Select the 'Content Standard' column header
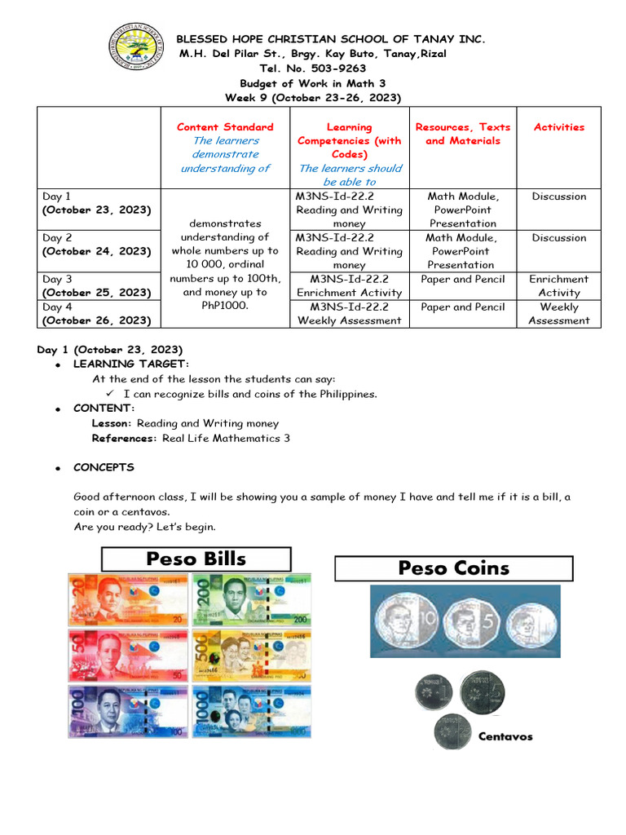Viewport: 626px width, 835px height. coord(225,127)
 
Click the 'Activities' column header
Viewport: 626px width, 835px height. coord(558,127)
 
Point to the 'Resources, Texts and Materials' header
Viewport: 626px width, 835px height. coord(463,134)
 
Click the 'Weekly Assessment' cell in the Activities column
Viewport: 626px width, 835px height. coord(558,314)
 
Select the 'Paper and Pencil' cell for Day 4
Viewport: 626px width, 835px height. coord(462,307)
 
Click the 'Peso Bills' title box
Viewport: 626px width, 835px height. coord(196,559)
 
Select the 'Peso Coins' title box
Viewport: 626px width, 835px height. coord(453,568)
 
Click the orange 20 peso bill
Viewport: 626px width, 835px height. coord(126,599)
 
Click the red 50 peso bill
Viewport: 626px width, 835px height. coord(126,655)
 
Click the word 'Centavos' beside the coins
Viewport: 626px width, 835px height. coord(505,736)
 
